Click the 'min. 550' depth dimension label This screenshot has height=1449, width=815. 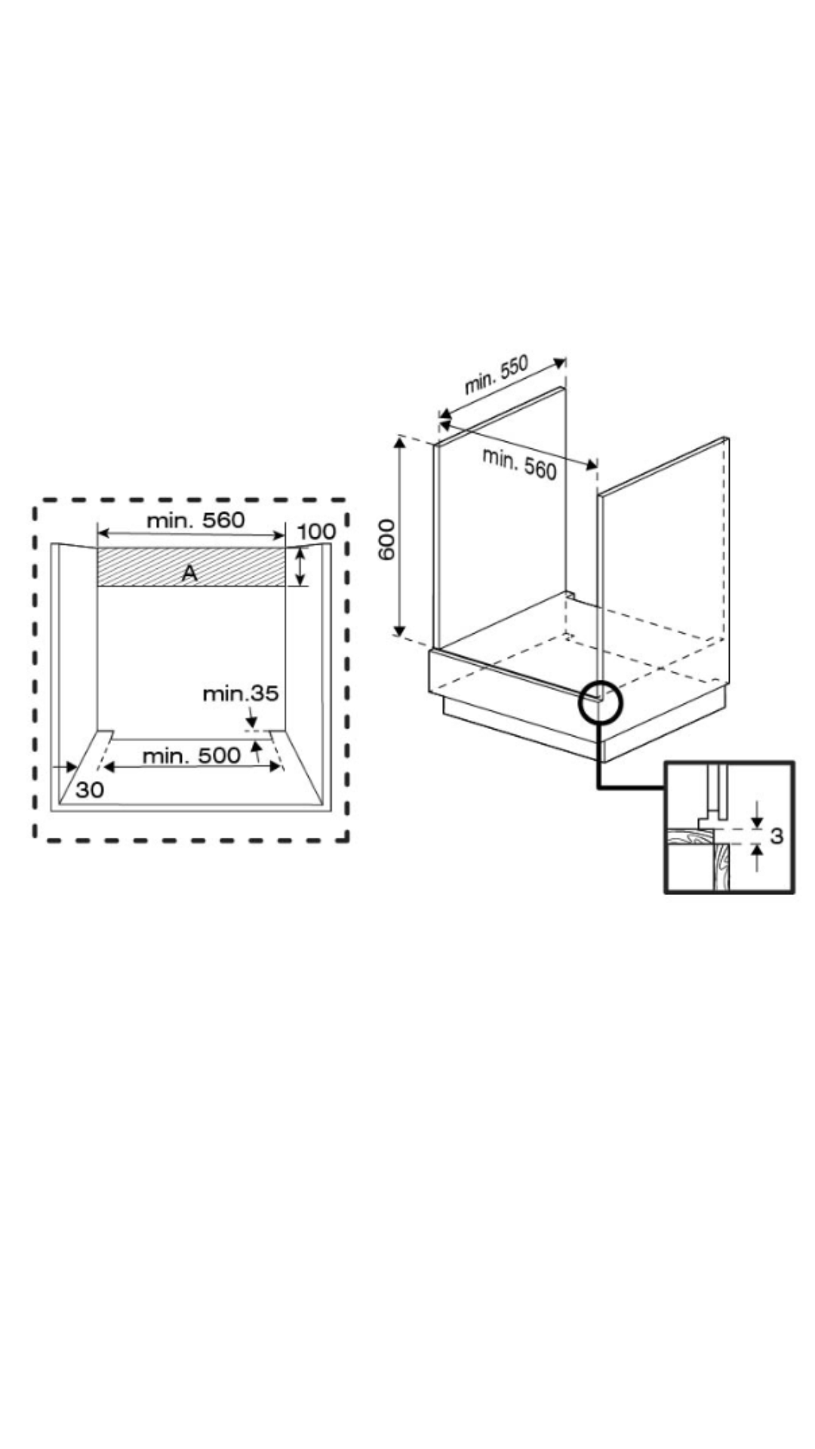pos(496,374)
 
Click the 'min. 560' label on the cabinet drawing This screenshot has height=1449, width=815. pos(519,463)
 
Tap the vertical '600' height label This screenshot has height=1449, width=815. pos(386,539)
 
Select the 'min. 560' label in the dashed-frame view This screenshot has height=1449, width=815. pos(195,520)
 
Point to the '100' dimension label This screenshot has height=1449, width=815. pos(316,532)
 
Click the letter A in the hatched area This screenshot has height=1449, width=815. pos(189,574)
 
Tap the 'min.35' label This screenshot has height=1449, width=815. pos(241,693)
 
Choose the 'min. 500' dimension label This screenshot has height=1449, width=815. pos(192,755)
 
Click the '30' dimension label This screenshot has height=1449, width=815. pos(90,790)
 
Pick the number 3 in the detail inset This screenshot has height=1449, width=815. pos(777,835)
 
